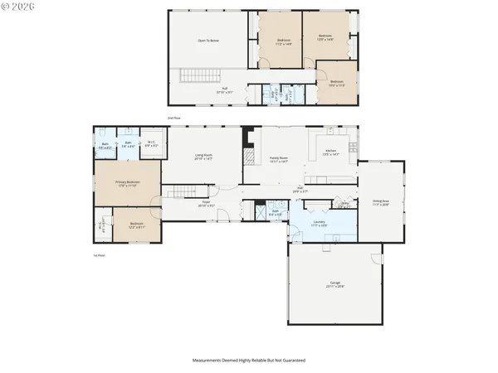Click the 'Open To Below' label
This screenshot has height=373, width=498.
point(208,40)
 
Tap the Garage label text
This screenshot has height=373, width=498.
point(335,284)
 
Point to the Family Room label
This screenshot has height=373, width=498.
point(277,158)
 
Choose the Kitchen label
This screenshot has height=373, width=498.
point(330,152)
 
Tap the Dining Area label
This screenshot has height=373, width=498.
point(380,201)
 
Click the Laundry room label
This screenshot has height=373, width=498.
point(318,224)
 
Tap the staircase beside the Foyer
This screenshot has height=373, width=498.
point(177,192)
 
